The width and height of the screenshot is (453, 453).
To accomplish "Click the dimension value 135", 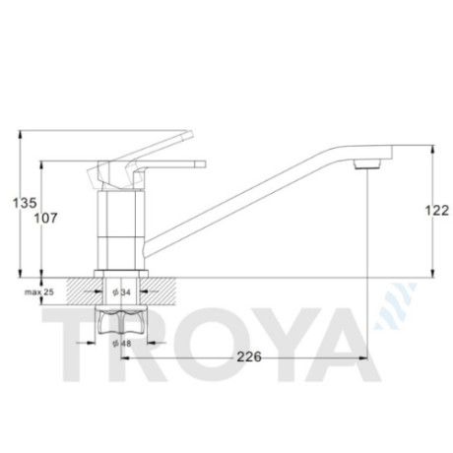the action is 25,203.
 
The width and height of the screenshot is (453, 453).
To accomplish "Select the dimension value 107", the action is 46,218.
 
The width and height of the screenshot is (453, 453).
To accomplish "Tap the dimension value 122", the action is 437,211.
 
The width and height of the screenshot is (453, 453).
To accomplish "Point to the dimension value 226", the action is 249,356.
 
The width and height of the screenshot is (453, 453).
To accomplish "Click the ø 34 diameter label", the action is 121,291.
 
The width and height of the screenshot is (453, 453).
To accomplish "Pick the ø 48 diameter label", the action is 121,344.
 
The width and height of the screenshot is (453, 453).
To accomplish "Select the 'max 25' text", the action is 39,291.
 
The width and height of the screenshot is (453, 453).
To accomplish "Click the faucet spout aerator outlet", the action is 367,163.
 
